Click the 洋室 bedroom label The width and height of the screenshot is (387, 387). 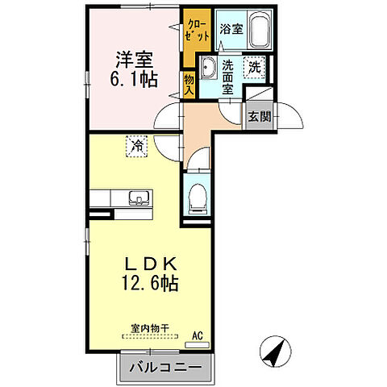(135, 60)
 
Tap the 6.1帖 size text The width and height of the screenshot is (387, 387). (135, 79)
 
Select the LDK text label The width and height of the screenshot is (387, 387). (146, 264)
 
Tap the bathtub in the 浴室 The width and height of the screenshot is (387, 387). (258, 32)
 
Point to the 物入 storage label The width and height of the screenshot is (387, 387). (189, 85)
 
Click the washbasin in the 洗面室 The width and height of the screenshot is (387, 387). (207, 69)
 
